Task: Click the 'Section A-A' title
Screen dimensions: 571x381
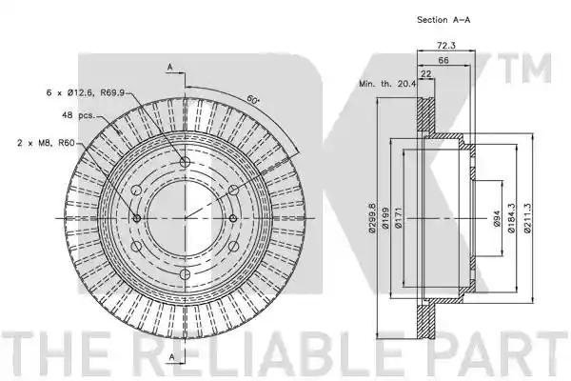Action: (443, 20)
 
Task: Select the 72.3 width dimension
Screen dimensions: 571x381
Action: (446, 45)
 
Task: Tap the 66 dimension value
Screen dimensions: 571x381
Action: (443, 60)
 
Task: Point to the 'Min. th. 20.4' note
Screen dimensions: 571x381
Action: (387, 84)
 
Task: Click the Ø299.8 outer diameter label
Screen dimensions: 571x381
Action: (372, 218)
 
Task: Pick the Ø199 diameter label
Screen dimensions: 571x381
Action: (385, 218)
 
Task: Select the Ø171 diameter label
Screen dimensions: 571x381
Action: (398, 218)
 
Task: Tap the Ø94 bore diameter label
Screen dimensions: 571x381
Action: (497, 218)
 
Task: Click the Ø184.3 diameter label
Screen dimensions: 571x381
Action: (511, 218)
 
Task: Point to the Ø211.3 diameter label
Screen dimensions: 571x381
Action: (527, 218)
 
